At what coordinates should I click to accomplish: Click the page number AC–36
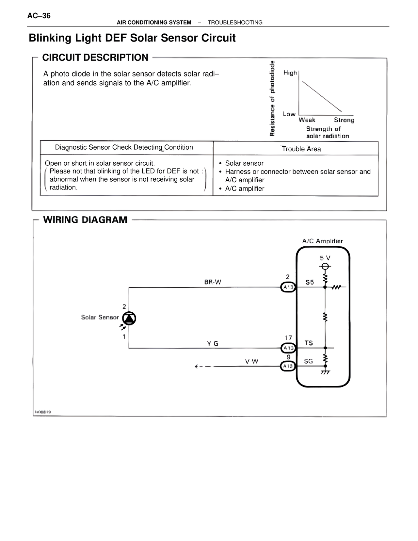[x=39, y=16]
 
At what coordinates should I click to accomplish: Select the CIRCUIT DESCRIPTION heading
[x=95, y=57]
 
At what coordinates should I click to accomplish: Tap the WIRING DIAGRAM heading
[x=85, y=220]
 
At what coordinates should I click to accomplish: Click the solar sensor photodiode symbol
[x=129, y=318]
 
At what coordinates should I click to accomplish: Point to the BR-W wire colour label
[x=213, y=282]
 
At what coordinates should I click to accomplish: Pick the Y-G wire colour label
[x=213, y=343]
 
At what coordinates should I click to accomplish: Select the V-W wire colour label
[x=251, y=361]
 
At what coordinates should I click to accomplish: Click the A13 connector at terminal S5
[x=288, y=287]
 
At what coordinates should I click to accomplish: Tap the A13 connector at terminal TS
[x=288, y=348]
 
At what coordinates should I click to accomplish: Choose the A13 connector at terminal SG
[x=288, y=366]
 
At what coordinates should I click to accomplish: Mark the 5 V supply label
[x=325, y=258]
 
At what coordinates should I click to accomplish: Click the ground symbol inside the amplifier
[x=325, y=372]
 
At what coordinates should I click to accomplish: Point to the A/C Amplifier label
[x=322, y=241]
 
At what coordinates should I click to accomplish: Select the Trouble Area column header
[x=301, y=149]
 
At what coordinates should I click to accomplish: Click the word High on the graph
[x=290, y=73]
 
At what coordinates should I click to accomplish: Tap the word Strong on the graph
[x=344, y=120]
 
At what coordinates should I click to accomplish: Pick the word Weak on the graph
[x=307, y=120]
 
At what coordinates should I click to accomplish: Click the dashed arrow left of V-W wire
[x=202, y=367]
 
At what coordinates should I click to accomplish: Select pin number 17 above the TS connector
[x=288, y=337]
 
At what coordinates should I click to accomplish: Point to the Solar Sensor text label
[x=100, y=317]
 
